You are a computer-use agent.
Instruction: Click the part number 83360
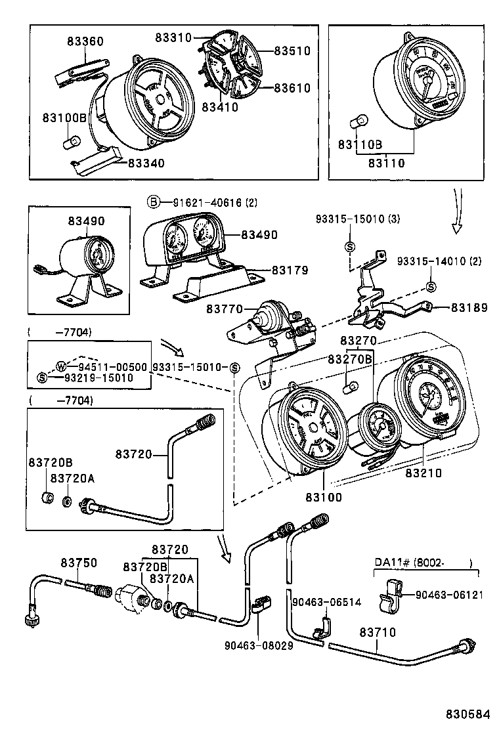(85, 41)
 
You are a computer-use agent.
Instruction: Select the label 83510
(292, 51)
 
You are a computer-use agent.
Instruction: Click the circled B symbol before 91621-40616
(152, 202)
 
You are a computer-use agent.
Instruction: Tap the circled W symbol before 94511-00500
(61, 366)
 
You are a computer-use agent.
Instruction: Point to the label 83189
(468, 307)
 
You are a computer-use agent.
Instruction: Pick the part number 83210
(423, 472)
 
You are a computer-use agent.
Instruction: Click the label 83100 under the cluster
(324, 498)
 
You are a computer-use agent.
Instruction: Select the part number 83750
(79, 563)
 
